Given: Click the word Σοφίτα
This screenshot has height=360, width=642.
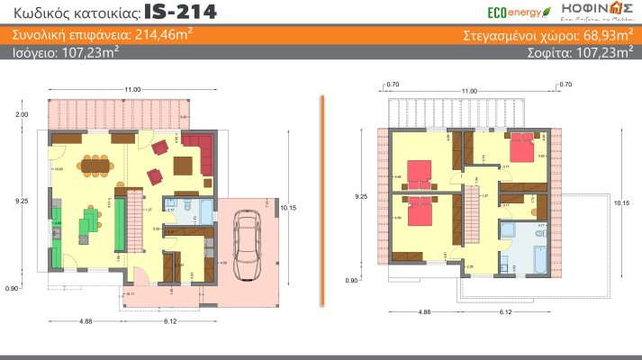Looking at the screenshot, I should point(551,52).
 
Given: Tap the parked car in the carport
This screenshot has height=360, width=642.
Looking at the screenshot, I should point(244,245).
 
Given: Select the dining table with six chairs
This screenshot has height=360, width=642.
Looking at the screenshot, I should point(94,165).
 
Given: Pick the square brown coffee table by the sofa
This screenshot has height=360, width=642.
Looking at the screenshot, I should point(184,166).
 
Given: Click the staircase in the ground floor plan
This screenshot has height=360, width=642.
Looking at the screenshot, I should point(133,226).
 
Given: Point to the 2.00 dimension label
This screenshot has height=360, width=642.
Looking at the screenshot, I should point(23,114).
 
